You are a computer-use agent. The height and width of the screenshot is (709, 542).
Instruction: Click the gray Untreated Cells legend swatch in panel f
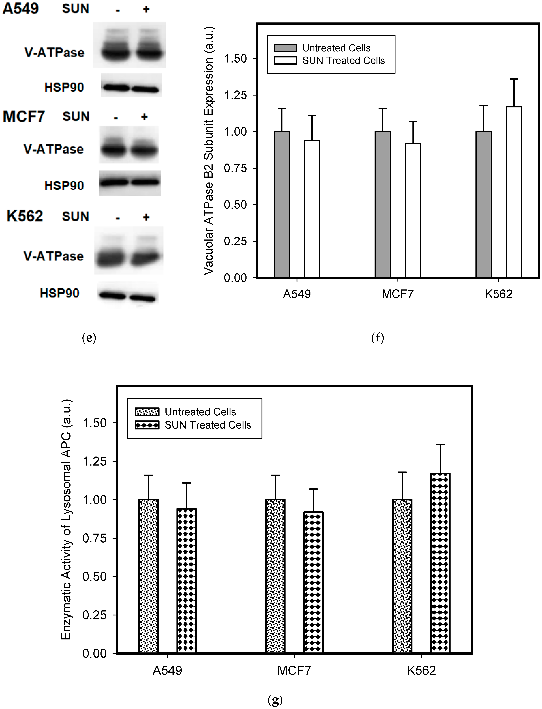coord(285,48)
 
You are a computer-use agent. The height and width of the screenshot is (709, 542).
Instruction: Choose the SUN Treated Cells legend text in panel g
coord(208,425)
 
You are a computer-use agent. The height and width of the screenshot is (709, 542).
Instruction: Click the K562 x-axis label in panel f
coord(498,294)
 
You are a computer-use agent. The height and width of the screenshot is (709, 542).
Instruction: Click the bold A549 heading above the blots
coord(21,9)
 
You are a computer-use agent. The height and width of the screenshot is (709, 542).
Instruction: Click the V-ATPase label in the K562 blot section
coord(54,256)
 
